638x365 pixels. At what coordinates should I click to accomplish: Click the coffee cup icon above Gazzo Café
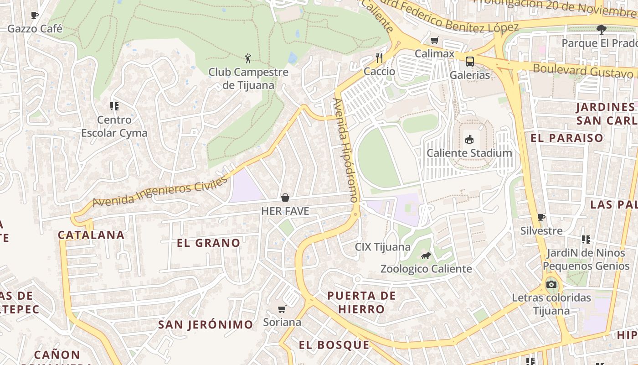point(35,16)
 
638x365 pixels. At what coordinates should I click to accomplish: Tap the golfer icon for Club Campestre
point(248,58)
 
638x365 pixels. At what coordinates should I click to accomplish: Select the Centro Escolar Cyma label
point(114,126)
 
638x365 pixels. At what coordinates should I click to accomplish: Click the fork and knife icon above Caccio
point(379,57)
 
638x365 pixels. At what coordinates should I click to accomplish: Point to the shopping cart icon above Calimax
point(434,40)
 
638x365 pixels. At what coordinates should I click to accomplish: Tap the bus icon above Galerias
point(469,61)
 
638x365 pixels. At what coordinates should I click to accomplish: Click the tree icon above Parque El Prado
point(602,30)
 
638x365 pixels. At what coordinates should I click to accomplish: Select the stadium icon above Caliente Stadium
point(469,139)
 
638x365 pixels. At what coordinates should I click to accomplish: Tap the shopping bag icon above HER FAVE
point(285,198)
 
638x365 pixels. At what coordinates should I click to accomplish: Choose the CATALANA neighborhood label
point(91,235)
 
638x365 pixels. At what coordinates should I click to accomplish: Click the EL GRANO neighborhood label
point(208,243)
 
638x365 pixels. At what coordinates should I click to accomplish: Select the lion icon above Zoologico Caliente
point(426,255)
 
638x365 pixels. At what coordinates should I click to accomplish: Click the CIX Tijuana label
point(383,247)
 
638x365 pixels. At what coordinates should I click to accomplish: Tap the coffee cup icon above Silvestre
point(541,217)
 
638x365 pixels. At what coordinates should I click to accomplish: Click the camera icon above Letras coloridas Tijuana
point(551,285)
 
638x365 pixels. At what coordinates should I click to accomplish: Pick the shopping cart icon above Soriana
point(282,309)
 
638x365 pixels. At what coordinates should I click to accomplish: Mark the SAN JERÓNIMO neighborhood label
point(206,325)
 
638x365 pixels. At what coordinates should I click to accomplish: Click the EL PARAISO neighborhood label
point(567,138)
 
